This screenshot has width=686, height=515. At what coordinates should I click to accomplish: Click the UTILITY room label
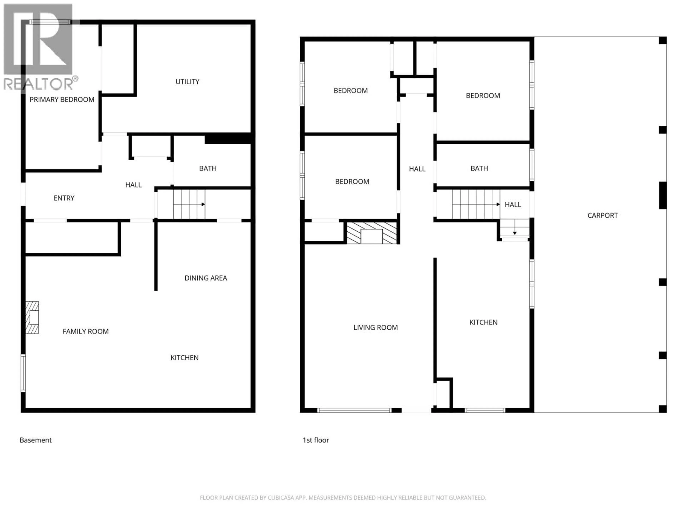[187, 82]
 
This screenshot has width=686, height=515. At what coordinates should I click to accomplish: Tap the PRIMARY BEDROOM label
[62, 100]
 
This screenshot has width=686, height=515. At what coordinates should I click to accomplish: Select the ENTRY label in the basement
[64, 198]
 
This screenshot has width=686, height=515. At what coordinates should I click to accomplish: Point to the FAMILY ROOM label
[86, 332]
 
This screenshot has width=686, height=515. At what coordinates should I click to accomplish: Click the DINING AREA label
[206, 278]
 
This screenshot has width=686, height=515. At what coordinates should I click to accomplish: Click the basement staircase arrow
[189, 204]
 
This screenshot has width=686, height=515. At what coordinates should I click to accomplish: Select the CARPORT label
[602, 215]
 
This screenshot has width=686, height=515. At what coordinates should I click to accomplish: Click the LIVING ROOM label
[375, 327]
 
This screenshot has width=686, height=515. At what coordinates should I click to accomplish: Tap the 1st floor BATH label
[479, 168]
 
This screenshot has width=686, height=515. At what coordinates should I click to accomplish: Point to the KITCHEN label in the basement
[185, 358]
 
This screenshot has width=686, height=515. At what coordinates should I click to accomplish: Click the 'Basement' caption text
[36, 440]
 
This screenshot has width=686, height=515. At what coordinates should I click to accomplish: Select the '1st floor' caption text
[316, 440]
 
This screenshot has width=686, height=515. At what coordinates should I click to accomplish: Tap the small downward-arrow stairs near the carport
[514, 229]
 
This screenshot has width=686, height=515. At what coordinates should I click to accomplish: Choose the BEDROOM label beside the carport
[483, 96]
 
